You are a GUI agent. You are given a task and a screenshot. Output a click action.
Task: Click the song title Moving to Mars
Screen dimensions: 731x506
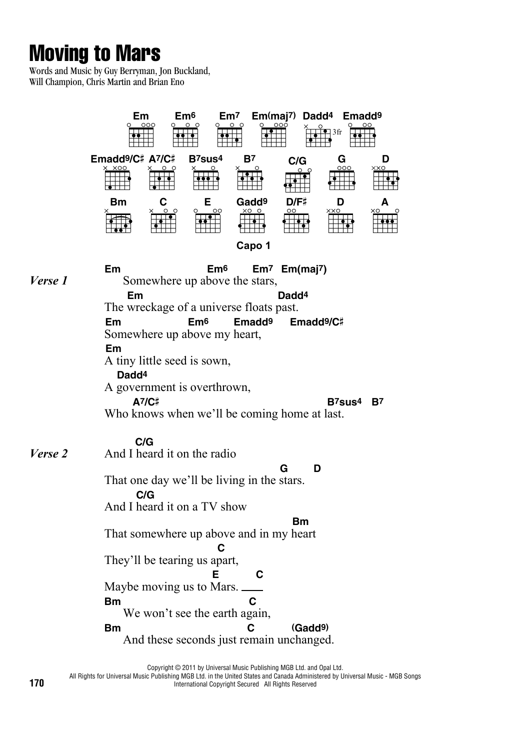[95, 53]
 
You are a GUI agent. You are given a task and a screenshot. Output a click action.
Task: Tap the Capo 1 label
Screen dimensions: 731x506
[253, 245]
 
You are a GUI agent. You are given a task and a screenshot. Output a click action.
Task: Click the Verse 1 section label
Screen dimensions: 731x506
[48, 280]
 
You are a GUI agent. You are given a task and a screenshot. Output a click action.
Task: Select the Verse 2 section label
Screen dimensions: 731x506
[48, 453]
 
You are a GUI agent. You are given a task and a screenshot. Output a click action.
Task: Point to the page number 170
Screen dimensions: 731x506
[36, 683]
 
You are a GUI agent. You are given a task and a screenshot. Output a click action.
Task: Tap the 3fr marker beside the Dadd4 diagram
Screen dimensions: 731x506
[337, 132]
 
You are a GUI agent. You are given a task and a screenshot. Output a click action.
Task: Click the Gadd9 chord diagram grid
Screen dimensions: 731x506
[252, 223]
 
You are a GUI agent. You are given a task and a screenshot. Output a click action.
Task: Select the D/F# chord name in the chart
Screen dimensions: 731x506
[296, 202]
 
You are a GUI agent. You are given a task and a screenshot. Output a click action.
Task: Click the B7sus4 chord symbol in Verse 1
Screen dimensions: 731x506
[344, 401]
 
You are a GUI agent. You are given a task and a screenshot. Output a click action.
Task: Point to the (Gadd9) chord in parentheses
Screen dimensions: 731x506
[310, 628]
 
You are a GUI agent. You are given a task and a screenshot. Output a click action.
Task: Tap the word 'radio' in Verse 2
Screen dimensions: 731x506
[220, 453]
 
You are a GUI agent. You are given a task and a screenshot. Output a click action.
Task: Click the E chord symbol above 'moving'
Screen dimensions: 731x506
[216, 574]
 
